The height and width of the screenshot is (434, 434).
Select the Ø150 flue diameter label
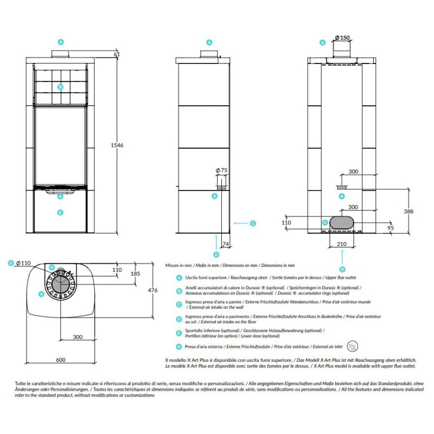click(x=342, y=37)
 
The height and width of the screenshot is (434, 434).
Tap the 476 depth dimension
click(x=152, y=291)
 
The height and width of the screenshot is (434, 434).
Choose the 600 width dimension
click(x=61, y=360)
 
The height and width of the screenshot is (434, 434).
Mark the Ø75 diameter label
click(x=221, y=170)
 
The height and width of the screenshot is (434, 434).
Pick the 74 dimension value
click(x=225, y=244)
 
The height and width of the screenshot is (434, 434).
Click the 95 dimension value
click(x=391, y=228)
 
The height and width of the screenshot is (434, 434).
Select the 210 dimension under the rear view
click(x=342, y=245)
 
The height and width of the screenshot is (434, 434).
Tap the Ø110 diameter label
click(x=24, y=263)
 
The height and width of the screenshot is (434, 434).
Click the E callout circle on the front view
click(x=61, y=212)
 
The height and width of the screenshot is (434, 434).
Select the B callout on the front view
click(x=61, y=86)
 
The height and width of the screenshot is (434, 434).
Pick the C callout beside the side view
click(x=253, y=223)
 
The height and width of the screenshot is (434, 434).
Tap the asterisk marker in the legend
click(x=179, y=346)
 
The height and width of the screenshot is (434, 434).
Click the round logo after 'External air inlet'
click(x=354, y=345)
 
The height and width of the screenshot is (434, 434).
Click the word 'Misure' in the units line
click(x=174, y=266)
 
